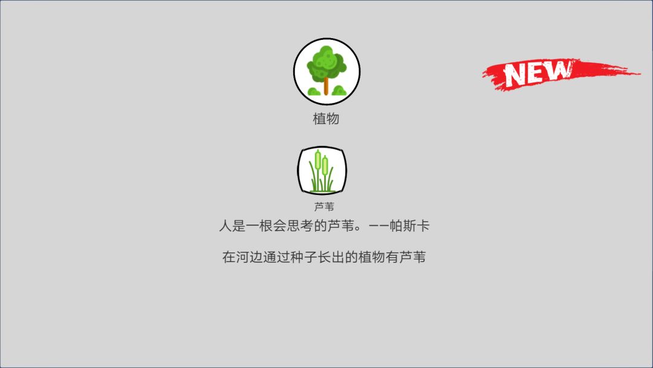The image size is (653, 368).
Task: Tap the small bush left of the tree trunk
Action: point(314,91)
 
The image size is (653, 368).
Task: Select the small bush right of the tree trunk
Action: point(339,91)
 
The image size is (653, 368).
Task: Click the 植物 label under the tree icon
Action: point(326,119)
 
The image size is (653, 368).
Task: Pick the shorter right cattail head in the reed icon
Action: point(325,164)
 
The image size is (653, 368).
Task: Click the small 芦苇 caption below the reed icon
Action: point(324,206)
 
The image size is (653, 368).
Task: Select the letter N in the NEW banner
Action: point(518,74)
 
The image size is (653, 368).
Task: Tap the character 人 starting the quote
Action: point(225,226)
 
